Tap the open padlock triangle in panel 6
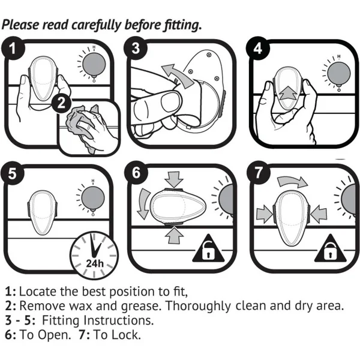click(206, 251)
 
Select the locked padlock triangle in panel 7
click(329, 252)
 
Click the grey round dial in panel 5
click(88, 197)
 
